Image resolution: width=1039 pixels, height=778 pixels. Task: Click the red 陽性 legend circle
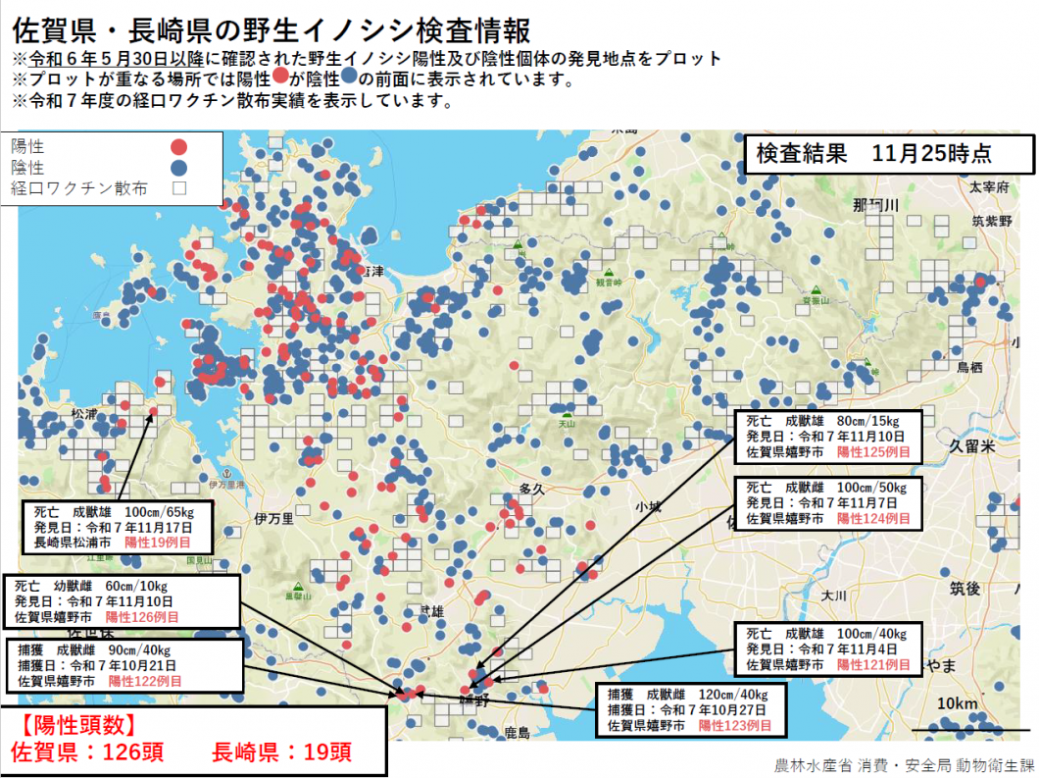tap(179, 147)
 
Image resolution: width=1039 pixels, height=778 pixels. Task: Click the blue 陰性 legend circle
tap(179, 168)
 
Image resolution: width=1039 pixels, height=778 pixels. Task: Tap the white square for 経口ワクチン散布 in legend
tap(179, 187)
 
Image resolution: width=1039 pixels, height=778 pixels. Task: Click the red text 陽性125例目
tap(873, 453)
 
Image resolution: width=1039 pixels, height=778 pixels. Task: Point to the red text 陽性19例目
tap(157, 542)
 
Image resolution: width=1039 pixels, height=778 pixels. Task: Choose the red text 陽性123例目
tap(734, 726)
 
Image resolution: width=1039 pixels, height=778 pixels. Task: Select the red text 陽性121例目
tap(873, 665)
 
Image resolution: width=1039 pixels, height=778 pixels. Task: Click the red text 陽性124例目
tap(873, 517)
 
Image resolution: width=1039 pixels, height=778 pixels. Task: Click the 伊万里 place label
tap(273, 518)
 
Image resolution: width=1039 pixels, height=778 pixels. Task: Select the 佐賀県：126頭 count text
tap(86, 752)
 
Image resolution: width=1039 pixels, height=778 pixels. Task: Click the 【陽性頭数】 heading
tap(74, 725)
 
